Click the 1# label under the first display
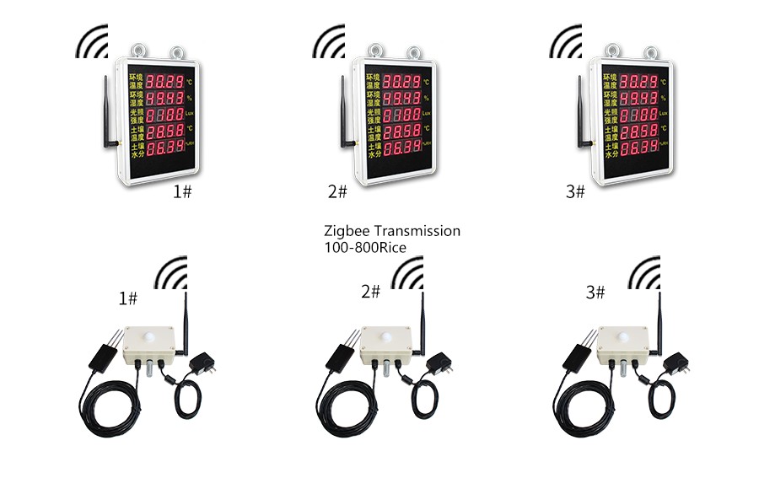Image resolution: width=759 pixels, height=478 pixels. point(182,192)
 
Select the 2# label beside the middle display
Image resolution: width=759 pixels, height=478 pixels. point(336,192)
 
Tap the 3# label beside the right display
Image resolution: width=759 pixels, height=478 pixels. point(575,192)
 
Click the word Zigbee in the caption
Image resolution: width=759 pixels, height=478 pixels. point(345,230)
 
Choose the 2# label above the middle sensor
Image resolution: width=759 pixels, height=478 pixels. point(370,292)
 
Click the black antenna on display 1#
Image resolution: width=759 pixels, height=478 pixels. point(109,113)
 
